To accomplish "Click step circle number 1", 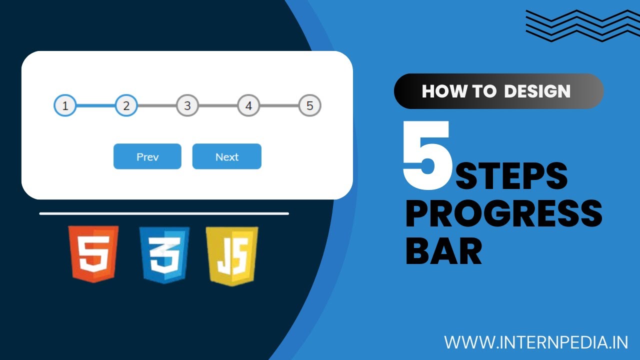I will click(x=65, y=106).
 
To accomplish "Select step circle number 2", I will click(x=126, y=106).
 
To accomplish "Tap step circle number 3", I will click(x=187, y=106).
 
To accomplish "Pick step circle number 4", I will click(x=248, y=106).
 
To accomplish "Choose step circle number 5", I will click(x=309, y=106).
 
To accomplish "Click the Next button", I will click(x=226, y=156).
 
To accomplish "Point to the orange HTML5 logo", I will click(x=94, y=253).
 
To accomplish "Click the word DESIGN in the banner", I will click(x=537, y=91).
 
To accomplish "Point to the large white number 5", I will click(x=426, y=156).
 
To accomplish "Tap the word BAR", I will click(x=443, y=251).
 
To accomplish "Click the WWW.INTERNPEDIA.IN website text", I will click(x=536, y=342).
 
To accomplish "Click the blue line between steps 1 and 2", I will click(x=95, y=106).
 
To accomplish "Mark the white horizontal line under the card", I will click(x=164, y=213).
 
